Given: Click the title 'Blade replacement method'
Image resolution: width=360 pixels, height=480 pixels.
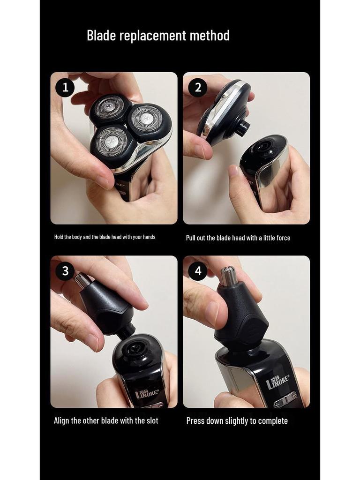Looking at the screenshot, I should pyautogui.click(x=158, y=36).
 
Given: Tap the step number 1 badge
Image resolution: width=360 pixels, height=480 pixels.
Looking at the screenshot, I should pyautogui.click(x=65, y=88).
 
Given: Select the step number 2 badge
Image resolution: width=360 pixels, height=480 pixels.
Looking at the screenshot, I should pyautogui.click(x=197, y=88).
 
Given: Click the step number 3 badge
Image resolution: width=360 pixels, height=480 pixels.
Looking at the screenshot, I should pyautogui.click(x=65, y=271).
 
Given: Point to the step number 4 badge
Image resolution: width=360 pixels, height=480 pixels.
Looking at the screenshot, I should pyautogui.click(x=197, y=271).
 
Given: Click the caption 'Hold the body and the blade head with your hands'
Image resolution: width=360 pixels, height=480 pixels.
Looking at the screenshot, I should pyautogui.click(x=105, y=237).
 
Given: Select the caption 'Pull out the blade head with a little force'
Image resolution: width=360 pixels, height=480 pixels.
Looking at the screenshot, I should pyautogui.click(x=238, y=238).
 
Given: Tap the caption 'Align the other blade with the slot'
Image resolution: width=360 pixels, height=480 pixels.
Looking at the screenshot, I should pyautogui.click(x=106, y=420).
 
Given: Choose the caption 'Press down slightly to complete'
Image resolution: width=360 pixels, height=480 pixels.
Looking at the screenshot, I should pyautogui.click(x=237, y=421).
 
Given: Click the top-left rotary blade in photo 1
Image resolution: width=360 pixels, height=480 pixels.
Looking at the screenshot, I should pyautogui.click(x=110, y=108).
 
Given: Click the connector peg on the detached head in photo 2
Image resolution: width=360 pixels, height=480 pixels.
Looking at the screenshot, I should pyautogui.click(x=242, y=127).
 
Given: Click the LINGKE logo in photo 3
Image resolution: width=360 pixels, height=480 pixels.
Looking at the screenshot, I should pyautogui.click(x=147, y=392).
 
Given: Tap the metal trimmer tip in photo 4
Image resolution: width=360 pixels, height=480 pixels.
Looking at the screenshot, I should pyautogui.click(x=229, y=276).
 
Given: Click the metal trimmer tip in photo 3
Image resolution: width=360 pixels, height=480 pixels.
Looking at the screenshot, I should pyautogui.click(x=82, y=280).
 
